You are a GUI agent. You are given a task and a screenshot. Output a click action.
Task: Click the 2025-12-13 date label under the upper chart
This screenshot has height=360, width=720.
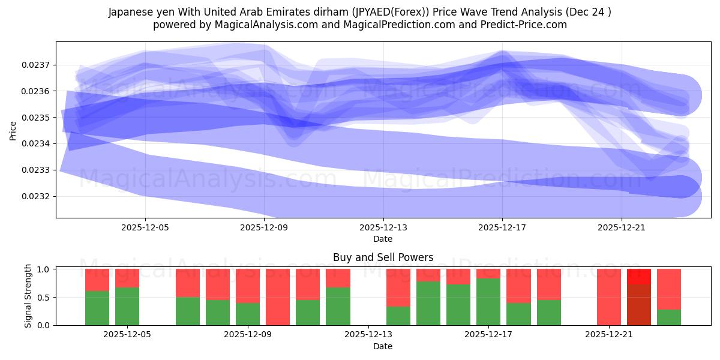tap(383, 228)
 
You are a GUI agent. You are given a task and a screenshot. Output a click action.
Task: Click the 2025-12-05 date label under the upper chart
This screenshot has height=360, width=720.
tap(145, 228)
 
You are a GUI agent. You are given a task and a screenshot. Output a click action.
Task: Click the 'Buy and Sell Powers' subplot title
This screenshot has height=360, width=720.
tap(383, 257)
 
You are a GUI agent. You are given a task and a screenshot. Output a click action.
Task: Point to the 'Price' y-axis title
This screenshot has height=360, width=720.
tap(13, 130)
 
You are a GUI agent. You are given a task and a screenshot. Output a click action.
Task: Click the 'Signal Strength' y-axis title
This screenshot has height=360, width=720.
tap(28, 296)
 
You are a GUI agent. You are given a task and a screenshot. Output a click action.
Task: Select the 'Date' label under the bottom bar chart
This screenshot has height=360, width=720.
tap(383, 346)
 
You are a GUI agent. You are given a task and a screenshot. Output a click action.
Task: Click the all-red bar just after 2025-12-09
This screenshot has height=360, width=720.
tap(278, 297)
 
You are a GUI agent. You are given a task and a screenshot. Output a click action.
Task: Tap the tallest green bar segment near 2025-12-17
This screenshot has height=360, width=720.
tap(488, 302)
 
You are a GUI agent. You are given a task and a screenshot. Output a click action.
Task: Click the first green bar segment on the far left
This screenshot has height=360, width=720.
tap(97, 308)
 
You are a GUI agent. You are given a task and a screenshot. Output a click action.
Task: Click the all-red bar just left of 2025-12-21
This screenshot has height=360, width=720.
tap(609, 297)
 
